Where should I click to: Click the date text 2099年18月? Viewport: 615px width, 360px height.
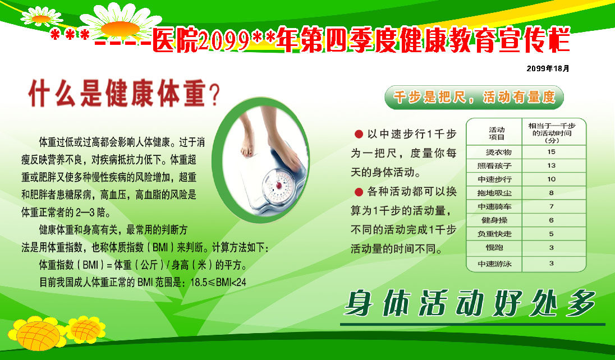coord(548,68)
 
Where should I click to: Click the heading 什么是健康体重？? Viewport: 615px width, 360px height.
coord(124,94)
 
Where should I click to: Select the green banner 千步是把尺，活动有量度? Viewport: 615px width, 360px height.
coord(474,97)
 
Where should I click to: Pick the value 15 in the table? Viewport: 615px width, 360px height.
coord(552,152)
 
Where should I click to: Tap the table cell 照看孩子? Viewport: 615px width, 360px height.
coord(494,165)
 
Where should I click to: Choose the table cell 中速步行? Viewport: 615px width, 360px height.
coord(494,179)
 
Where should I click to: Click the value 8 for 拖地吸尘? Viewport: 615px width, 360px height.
coord(552,192)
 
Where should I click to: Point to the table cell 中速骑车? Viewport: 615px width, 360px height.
coord(494,207)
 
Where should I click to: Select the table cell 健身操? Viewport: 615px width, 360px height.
coord(494,220)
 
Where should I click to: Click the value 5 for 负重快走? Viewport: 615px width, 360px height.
coord(552,234)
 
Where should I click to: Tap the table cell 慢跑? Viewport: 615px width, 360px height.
coord(494,247)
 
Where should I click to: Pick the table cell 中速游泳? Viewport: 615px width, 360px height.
coord(494,264)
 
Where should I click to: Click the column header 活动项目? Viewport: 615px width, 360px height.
coord(497,133)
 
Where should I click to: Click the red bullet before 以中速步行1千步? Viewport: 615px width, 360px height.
coord(359,134)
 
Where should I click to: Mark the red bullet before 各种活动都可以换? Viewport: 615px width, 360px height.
coord(359,192)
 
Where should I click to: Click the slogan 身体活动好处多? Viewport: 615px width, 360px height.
coord(470,303)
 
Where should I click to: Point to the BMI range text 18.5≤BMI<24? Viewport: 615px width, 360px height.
coord(218,282)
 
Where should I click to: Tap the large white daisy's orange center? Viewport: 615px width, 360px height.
coord(120,29)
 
